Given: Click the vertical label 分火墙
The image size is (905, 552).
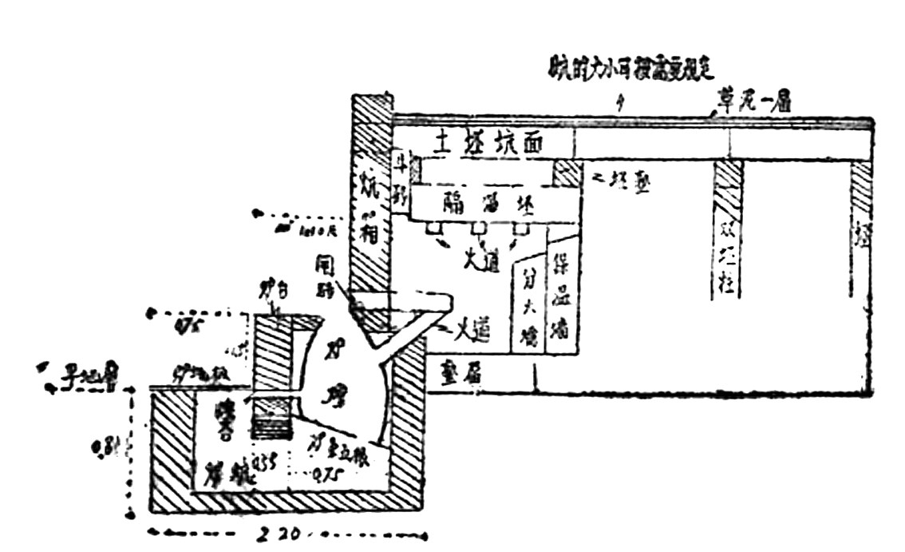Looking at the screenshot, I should [x=528, y=308].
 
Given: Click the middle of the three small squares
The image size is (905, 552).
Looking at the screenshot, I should [x=478, y=229].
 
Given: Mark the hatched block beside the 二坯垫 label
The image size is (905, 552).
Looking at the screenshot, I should [x=567, y=173].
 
